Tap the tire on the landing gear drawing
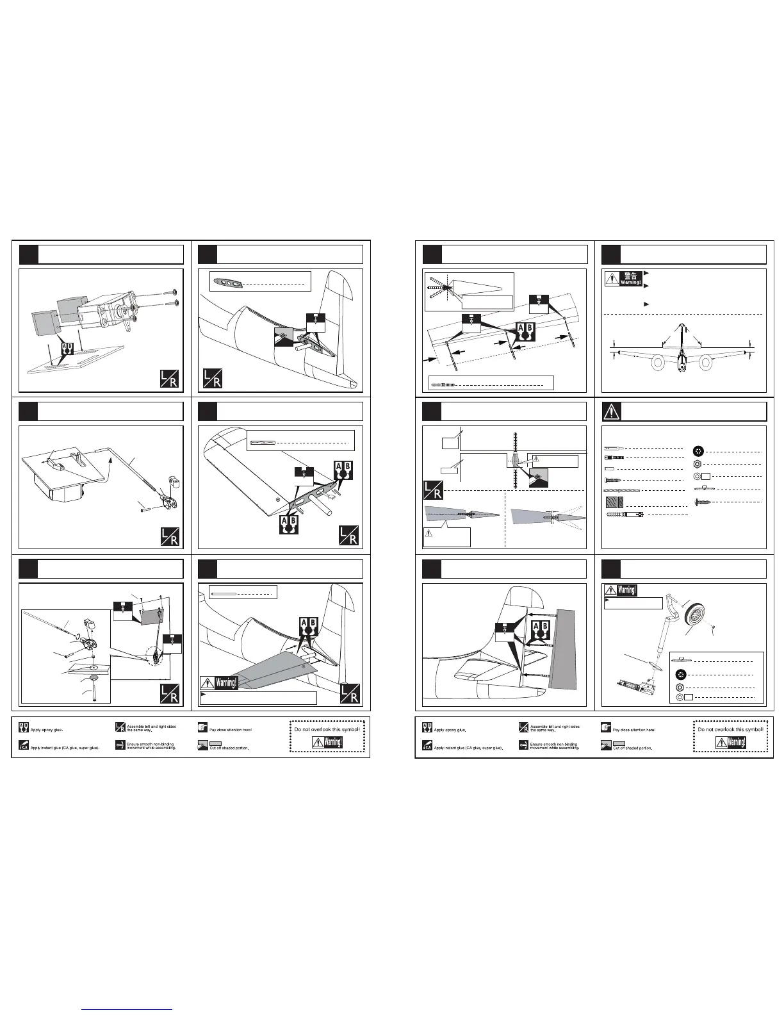click(696, 618)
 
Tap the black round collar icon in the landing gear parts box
click(681, 673)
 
